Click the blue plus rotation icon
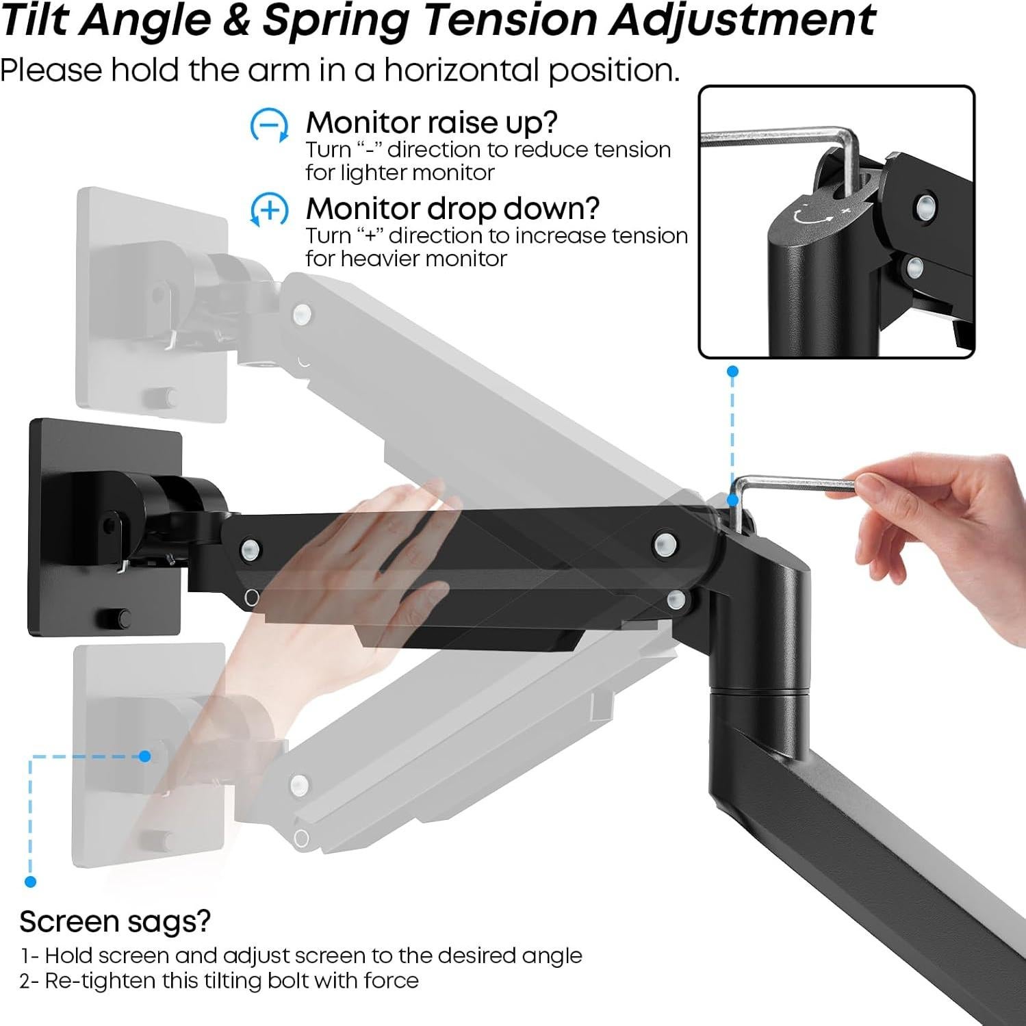269,211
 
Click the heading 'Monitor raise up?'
431,123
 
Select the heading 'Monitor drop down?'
452,209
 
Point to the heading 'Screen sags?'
115,921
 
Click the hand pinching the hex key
945,506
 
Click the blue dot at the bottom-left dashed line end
30,882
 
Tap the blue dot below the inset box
732,371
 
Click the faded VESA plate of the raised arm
151,305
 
